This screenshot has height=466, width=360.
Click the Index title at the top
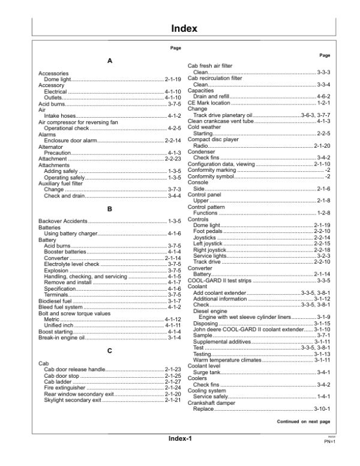[180, 28]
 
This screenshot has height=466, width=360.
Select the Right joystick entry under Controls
[210, 250]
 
